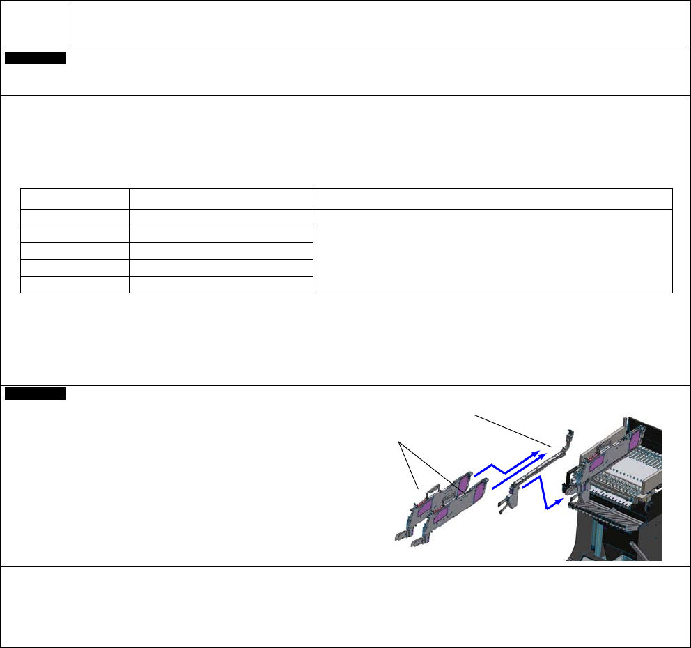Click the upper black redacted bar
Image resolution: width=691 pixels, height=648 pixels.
[36, 58]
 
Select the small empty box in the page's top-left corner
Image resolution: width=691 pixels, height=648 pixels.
[36, 25]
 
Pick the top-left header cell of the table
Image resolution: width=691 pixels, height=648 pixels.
[75, 198]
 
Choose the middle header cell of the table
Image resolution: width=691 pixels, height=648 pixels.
[222, 198]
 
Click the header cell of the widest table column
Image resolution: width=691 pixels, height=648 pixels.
[492, 198]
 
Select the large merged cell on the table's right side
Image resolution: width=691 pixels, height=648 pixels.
[492, 251]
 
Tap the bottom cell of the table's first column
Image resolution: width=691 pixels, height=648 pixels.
[75, 284]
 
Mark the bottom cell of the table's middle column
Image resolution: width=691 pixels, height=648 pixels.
[222, 284]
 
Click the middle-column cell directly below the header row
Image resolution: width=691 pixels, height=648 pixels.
[222, 217]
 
